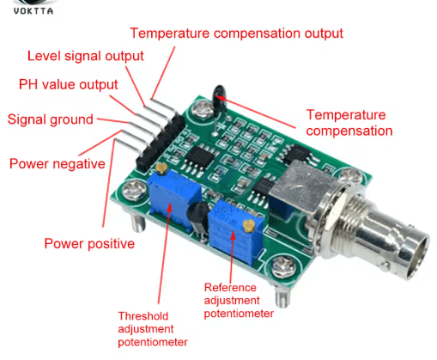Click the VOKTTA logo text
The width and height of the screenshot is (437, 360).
click(x=33, y=11)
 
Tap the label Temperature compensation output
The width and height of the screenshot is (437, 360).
click(x=236, y=34)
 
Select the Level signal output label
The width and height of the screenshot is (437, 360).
click(x=85, y=56)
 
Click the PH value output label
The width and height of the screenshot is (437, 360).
click(x=68, y=84)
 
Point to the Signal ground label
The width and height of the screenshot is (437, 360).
click(x=51, y=119)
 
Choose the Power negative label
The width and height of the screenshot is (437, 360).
click(x=58, y=164)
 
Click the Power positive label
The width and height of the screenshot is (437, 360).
click(x=89, y=244)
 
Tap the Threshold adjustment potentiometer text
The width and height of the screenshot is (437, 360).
click(x=153, y=329)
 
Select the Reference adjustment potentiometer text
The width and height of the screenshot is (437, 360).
click(x=239, y=301)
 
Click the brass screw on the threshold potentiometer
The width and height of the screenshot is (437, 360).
click(x=161, y=168)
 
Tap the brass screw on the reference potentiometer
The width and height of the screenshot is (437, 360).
click(x=249, y=226)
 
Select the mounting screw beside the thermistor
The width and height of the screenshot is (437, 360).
click(x=202, y=109)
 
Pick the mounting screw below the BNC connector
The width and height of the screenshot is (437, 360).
click(x=283, y=266)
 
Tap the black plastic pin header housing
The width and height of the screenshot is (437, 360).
click(x=161, y=140)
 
